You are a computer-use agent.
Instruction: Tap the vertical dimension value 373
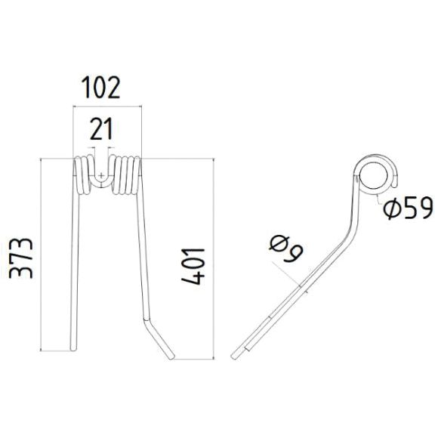pyautogui.click(x=20, y=258)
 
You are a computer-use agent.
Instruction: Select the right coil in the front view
pyautogui.click(x=125, y=175)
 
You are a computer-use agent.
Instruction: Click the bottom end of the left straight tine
pyautogui.click(x=74, y=347)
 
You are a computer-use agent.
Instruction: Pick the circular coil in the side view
pyautogui.click(x=373, y=174)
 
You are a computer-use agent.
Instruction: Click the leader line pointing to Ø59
pyautogui.click(x=377, y=198)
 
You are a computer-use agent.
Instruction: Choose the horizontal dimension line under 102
pyautogui.click(x=106, y=107)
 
